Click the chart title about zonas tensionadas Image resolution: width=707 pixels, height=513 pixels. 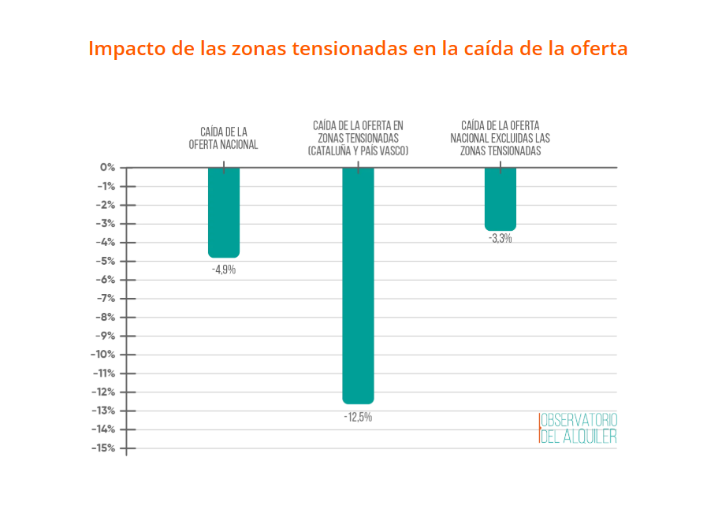tap(358, 49)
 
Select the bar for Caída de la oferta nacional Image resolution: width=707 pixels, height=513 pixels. tap(224, 212)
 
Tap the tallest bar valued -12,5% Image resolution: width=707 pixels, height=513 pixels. tap(358, 284)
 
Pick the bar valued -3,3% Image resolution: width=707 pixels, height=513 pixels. tap(500, 199)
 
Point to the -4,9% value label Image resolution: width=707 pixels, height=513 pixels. tap(224, 270)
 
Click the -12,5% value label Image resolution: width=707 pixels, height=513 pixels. tap(358, 417)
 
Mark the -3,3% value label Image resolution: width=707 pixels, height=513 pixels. tap(500, 239)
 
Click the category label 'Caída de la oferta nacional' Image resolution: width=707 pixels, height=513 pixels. tap(224, 138)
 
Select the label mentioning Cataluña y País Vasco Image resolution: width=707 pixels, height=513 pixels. tap(358, 138)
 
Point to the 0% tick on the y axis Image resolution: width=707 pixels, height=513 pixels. tap(107, 168)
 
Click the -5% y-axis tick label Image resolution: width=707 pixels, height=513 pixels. tap(106, 261)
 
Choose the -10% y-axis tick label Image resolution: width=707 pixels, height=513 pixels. tap(103, 355)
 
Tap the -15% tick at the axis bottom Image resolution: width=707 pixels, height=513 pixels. tap(103, 448)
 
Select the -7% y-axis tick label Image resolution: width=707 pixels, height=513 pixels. tap(106, 299)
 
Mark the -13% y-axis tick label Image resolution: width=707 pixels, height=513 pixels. tap(103, 411)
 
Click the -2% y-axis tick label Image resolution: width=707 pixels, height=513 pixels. tap(106, 205)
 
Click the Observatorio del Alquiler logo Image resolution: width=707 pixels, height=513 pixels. tap(578, 428)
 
